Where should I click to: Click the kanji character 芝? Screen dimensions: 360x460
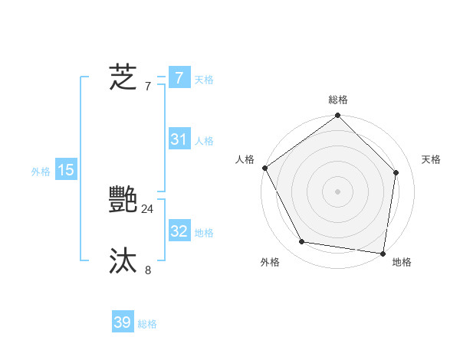[x=123, y=77]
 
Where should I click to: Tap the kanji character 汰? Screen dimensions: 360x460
[x=123, y=261]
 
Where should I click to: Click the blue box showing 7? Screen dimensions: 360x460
[x=179, y=78]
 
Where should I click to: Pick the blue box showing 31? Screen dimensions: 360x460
[x=179, y=139]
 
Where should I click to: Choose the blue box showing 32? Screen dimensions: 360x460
[x=179, y=231]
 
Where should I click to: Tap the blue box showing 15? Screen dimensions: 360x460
[x=66, y=170]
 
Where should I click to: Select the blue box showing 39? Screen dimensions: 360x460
[x=123, y=322]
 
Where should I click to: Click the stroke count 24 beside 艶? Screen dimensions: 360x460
[x=147, y=208]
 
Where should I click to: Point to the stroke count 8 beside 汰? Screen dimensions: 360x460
[x=148, y=270]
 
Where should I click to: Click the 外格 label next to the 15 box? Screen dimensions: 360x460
[x=41, y=172]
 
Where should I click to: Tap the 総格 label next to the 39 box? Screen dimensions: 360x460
[x=147, y=324]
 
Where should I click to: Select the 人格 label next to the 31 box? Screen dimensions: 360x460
[x=204, y=141]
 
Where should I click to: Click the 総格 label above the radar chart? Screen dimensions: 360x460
[x=338, y=100]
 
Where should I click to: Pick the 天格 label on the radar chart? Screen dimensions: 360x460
[x=431, y=159]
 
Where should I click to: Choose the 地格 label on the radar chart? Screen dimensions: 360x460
[x=402, y=262]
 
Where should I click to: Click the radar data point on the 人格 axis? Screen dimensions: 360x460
[x=264, y=168]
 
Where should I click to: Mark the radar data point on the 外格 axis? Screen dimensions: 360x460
[x=302, y=242]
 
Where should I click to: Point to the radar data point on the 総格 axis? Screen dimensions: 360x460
[x=338, y=116]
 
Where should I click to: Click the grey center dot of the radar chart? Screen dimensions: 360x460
[x=338, y=191]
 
